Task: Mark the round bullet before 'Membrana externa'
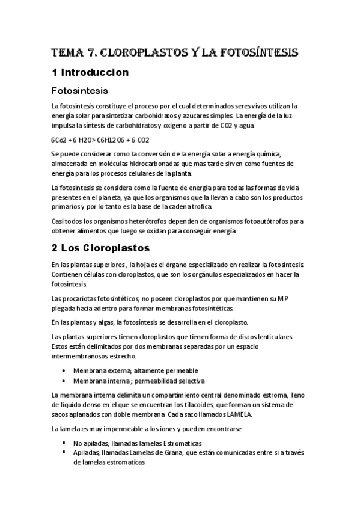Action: point(64,371)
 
